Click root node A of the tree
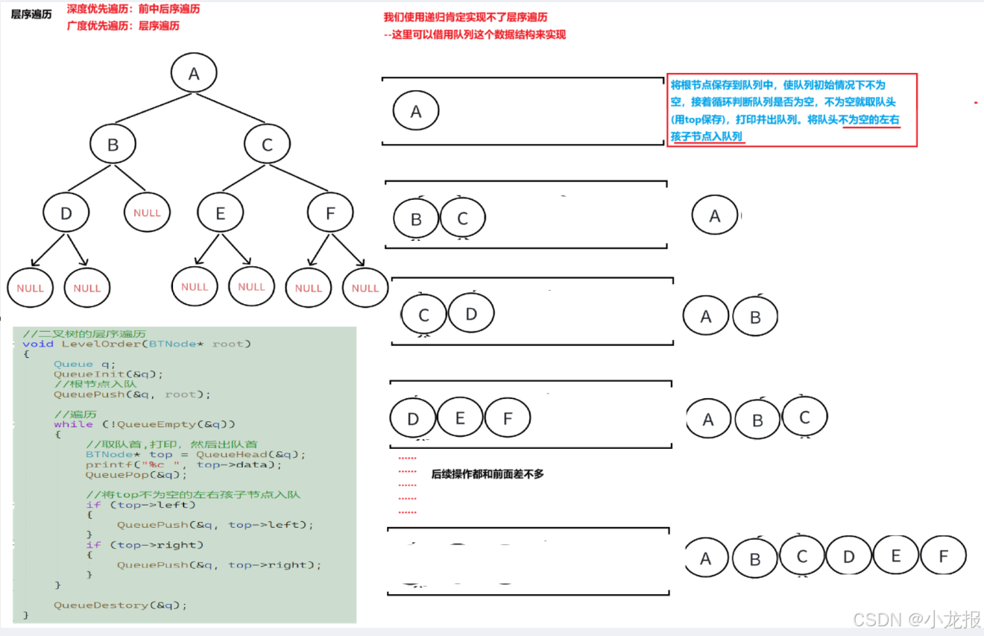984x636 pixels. [194, 74]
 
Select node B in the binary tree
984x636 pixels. [113, 145]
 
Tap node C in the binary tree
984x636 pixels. [267, 145]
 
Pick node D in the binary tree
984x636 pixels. [66, 214]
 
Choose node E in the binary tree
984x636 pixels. [220, 214]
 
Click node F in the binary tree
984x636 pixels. [330, 214]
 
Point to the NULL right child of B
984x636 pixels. [147, 212]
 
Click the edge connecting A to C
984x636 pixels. [231, 109]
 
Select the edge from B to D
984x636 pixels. [89, 180]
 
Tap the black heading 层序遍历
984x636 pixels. [31, 14]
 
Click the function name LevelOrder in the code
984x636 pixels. [101, 344]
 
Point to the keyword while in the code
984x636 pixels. [73, 424]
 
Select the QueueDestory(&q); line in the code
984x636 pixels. [120, 605]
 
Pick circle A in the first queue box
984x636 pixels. [416, 112]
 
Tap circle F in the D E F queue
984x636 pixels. [508, 418]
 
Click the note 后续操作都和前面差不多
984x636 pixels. [488, 473]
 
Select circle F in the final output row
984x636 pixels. [943, 556]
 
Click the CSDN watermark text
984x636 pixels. [916, 619]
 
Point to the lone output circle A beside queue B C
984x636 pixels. [715, 216]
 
